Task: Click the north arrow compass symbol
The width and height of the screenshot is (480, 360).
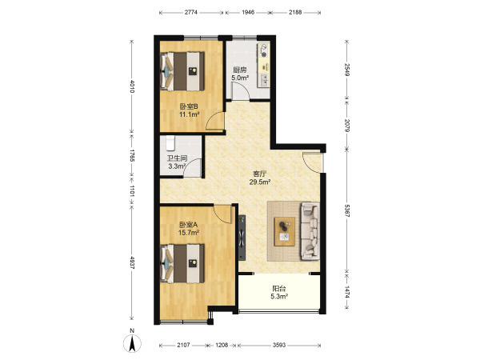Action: pos(132,343)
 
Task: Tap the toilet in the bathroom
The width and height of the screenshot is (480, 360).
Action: pos(170,143)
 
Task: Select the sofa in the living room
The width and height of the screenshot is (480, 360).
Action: pos(310,231)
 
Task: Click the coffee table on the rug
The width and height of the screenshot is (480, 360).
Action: pos(285,231)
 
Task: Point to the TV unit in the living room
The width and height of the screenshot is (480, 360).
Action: pos(242,238)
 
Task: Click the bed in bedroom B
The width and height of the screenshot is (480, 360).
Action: pos(182,71)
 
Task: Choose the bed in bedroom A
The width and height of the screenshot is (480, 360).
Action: pos(182,263)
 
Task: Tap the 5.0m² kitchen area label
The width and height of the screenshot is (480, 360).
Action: pos(240,78)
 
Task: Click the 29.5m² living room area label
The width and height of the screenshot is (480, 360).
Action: pos(259,182)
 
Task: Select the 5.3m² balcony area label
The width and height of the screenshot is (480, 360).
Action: pos(279,296)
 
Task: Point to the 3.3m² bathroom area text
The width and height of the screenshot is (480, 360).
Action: pos(178,166)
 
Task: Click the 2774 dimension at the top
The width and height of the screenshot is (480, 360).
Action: pos(190,13)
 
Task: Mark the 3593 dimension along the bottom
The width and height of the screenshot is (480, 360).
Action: pos(279,345)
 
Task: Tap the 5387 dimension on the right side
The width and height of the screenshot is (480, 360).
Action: pos(347,210)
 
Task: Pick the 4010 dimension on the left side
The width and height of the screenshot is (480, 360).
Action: pos(132,86)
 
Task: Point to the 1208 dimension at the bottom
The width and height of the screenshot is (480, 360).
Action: pos(222,345)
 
